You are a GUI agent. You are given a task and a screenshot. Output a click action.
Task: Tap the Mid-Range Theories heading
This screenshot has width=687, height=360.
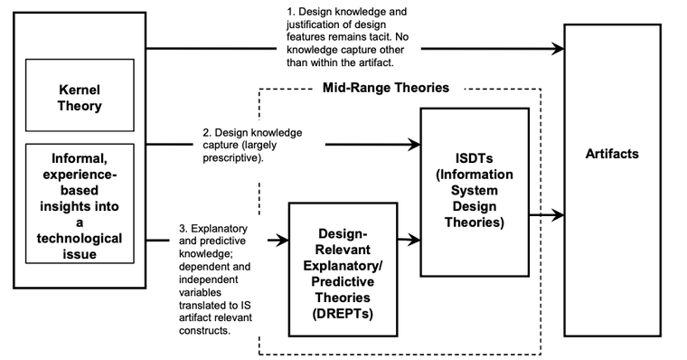[x=386, y=89]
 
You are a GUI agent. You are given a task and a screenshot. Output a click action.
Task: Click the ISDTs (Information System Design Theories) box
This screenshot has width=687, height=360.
[x=474, y=191]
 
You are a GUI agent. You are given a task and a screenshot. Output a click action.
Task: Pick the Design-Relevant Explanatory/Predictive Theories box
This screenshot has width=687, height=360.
[x=343, y=268]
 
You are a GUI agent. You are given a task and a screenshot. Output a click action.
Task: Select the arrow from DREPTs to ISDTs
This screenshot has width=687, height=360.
[x=409, y=241]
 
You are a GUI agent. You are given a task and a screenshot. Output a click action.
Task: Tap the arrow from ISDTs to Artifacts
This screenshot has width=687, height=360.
[x=547, y=215]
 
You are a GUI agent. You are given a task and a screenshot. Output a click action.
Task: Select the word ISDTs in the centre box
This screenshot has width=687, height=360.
[x=475, y=158]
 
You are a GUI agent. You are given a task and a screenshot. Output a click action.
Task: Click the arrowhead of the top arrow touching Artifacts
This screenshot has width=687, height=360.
[x=557, y=47]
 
